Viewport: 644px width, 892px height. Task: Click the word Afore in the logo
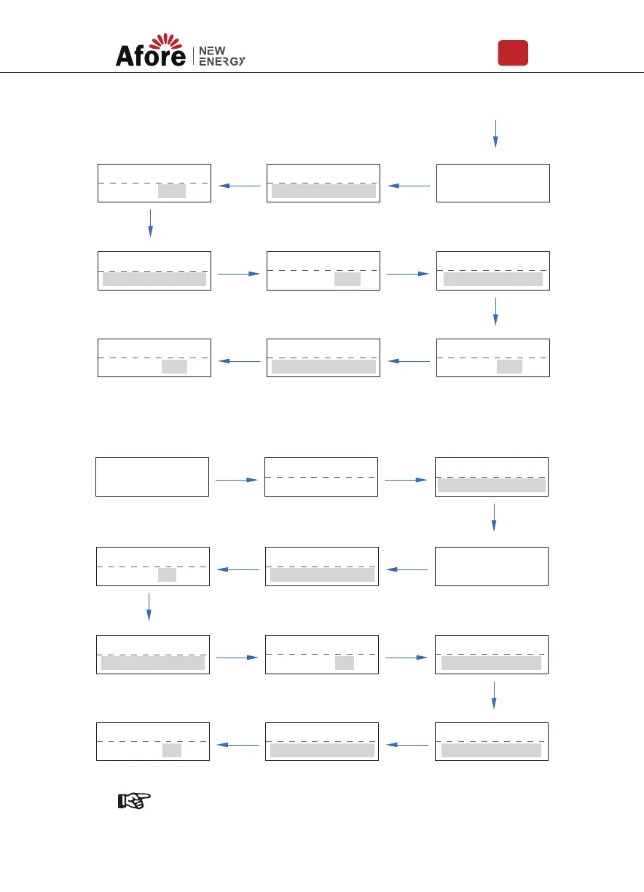(151, 56)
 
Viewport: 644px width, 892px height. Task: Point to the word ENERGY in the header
(222, 61)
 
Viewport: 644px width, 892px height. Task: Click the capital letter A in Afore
(125, 56)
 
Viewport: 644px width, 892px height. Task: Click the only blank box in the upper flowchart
(492, 183)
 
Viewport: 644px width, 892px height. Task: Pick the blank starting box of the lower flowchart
(152, 477)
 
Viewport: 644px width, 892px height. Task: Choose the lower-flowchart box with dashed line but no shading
(321, 477)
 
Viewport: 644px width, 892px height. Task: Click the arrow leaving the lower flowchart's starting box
(237, 480)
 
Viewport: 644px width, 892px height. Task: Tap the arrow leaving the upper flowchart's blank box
(409, 186)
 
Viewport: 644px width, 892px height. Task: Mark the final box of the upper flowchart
(154, 358)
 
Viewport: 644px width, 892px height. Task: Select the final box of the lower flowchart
(153, 742)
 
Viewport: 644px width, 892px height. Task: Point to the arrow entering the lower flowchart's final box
(239, 745)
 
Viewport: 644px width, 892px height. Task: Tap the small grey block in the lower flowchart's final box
(172, 750)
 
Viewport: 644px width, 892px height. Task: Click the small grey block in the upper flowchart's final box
(174, 367)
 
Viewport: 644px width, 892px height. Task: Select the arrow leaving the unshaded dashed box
(405, 480)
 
